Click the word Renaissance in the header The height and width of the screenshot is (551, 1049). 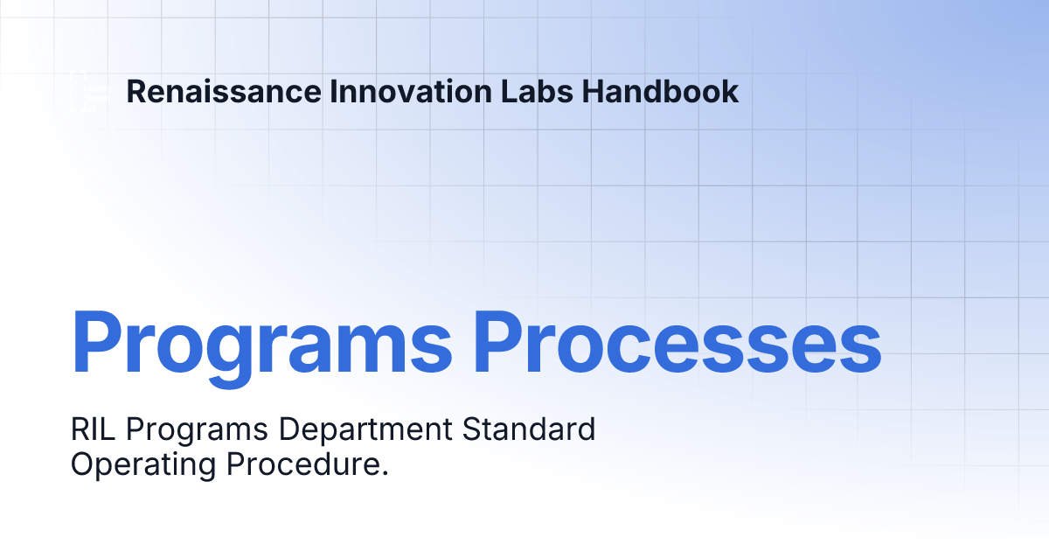(x=223, y=92)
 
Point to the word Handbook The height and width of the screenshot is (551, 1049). (x=661, y=92)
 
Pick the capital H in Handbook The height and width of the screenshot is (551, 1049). (x=594, y=92)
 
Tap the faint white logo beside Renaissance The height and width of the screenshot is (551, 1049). (x=87, y=91)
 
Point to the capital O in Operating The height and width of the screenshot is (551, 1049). (x=83, y=464)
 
